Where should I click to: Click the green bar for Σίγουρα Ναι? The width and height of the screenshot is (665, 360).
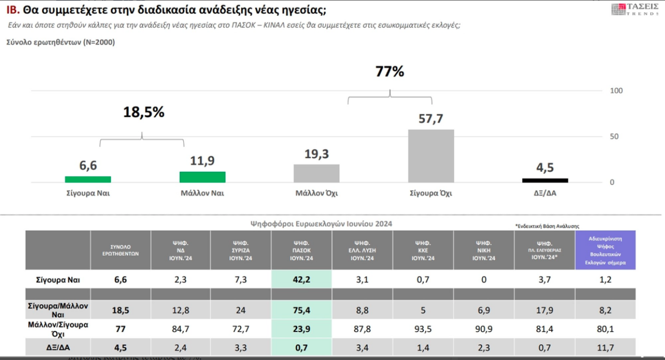(88, 179)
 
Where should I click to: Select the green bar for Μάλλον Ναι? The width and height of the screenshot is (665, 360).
(202, 177)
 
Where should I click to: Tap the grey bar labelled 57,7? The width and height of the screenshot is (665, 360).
(431, 156)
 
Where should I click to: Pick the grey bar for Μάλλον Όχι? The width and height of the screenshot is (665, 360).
(316, 173)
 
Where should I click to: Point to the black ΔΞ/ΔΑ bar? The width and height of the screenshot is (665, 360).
(545, 180)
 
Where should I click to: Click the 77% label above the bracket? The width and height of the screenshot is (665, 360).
(390, 72)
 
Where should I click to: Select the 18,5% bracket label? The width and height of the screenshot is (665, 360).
(144, 112)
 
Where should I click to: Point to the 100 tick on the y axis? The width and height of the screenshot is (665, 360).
(616, 91)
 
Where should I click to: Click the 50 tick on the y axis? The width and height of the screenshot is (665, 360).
(614, 136)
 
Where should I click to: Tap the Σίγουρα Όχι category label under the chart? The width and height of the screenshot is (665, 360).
(431, 193)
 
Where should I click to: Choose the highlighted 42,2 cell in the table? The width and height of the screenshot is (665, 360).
(301, 280)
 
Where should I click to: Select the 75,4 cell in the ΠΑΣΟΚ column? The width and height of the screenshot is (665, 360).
(301, 310)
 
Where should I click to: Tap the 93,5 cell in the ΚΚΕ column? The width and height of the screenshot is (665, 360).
(423, 329)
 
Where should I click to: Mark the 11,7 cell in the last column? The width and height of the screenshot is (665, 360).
(605, 348)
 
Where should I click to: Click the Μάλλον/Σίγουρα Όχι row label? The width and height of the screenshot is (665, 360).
(58, 329)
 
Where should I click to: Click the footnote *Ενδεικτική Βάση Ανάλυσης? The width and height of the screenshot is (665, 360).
(547, 226)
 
